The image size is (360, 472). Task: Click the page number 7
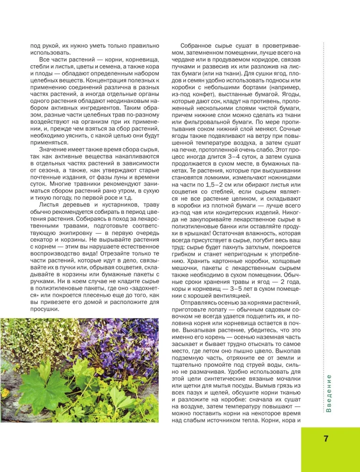coord(326,438)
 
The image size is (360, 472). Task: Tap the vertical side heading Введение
coord(329,393)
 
